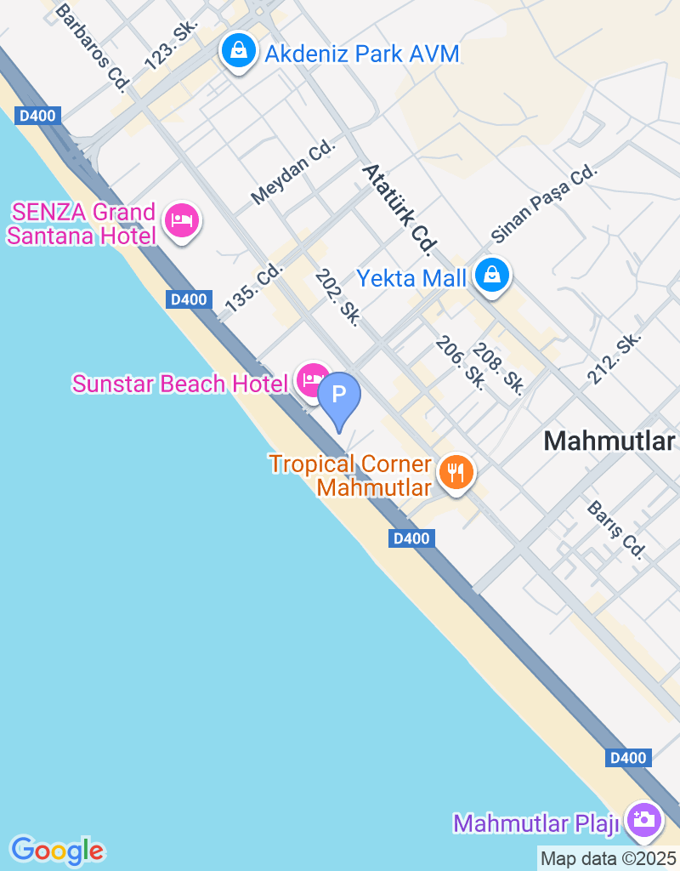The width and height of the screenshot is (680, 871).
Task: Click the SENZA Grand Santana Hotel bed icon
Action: (x=181, y=221)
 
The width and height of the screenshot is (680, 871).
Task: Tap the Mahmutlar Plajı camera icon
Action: (x=643, y=820)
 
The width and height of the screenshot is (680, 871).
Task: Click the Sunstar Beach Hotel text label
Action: (x=180, y=384)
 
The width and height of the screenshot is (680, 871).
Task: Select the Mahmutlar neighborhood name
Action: (x=609, y=441)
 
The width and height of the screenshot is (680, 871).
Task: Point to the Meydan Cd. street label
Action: (x=294, y=173)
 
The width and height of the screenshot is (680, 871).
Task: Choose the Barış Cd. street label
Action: (x=616, y=530)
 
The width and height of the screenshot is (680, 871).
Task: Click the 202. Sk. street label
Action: (x=337, y=296)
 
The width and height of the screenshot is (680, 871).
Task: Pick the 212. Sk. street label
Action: (x=613, y=356)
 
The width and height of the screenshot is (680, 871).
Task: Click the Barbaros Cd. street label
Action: (x=91, y=45)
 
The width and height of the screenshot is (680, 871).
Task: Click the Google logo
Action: (x=58, y=850)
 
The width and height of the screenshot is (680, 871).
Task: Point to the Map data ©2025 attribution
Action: (x=608, y=858)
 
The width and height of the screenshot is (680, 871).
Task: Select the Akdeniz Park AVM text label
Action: (x=362, y=54)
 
